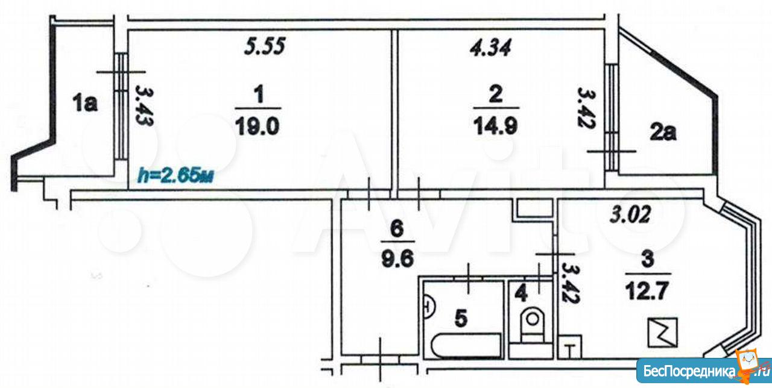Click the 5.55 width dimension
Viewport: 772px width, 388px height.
pyautogui.click(x=265, y=46)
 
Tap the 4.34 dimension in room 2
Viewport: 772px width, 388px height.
pyautogui.click(x=490, y=47)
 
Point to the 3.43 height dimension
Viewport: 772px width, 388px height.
pyautogui.click(x=144, y=106)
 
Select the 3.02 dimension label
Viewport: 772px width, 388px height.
pyautogui.click(x=630, y=214)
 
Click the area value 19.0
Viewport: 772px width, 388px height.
pyautogui.click(x=258, y=126)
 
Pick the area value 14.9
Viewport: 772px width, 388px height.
pyautogui.click(x=496, y=126)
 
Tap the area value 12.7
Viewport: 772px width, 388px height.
pyautogui.click(x=647, y=291)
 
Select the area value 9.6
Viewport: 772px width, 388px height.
pyautogui.click(x=397, y=258)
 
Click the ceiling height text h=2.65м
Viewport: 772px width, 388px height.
pyautogui.click(x=176, y=175)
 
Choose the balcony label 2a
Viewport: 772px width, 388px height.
pyautogui.click(x=663, y=133)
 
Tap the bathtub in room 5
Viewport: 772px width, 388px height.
pyautogui.click(x=466, y=346)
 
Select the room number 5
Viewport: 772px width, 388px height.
pyautogui.click(x=461, y=318)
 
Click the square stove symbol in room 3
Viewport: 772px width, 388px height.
pyautogui.click(x=662, y=332)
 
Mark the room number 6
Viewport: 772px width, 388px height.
pyautogui.click(x=397, y=230)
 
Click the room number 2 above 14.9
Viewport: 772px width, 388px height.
pyautogui.click(x=496, y=94)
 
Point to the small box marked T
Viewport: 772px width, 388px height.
pyautogui.click(x=570, y=347)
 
